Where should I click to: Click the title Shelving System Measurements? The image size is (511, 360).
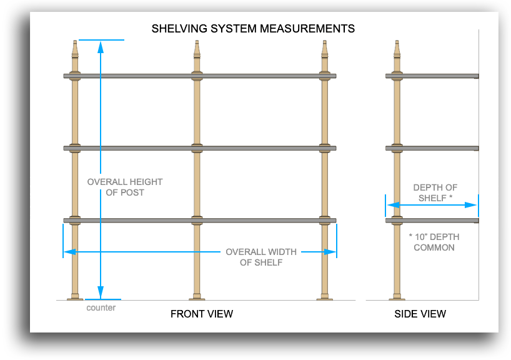(253, 29)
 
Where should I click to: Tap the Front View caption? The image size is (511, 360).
(201, 314)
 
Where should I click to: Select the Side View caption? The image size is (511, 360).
(420, 314)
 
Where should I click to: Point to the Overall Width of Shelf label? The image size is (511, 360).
(261, 257)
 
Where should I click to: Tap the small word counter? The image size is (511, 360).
(101, 307)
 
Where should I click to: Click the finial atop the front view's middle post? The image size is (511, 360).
(197, 49)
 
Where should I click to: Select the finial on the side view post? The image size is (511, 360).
(397, 49)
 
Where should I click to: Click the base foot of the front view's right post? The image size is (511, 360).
(325, 297)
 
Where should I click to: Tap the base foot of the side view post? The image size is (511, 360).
(397, 297)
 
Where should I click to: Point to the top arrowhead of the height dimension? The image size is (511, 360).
(100, 44)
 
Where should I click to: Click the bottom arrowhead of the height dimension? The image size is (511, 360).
(100, 295)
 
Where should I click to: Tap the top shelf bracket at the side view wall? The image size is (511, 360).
(475, 77)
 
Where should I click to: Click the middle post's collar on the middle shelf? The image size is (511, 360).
(197, 148)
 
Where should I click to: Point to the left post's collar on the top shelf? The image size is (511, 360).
(75, 76)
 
